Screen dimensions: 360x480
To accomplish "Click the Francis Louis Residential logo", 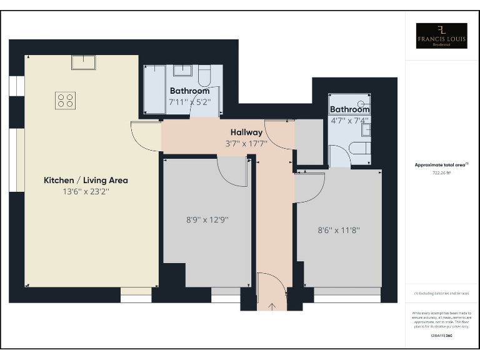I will [441, 36].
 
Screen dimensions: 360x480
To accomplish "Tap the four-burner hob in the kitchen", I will [65, 100].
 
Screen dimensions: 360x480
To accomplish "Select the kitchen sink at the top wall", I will [83, 62].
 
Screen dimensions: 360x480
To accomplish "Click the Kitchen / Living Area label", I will [86, 180].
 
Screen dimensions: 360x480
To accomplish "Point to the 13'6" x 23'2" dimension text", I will [86, 192].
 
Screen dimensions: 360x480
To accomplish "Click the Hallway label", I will [246, 132].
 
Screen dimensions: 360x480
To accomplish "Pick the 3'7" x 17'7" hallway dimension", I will [246, 143].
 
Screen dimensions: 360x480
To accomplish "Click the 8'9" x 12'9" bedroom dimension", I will [207, 220].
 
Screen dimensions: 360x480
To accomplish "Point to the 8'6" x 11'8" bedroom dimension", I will [339, 229].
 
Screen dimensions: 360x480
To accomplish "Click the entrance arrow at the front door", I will [272, 306].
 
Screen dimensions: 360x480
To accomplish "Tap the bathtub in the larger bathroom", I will [154, 89].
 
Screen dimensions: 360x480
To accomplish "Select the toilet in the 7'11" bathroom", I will [204, 76].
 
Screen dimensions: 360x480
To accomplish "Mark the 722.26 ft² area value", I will [441, 172].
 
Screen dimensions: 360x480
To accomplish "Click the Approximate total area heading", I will [441, 164].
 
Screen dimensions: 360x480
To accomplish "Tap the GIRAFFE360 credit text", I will [441, 336].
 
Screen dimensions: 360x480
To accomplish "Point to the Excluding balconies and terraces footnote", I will [441, 293].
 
